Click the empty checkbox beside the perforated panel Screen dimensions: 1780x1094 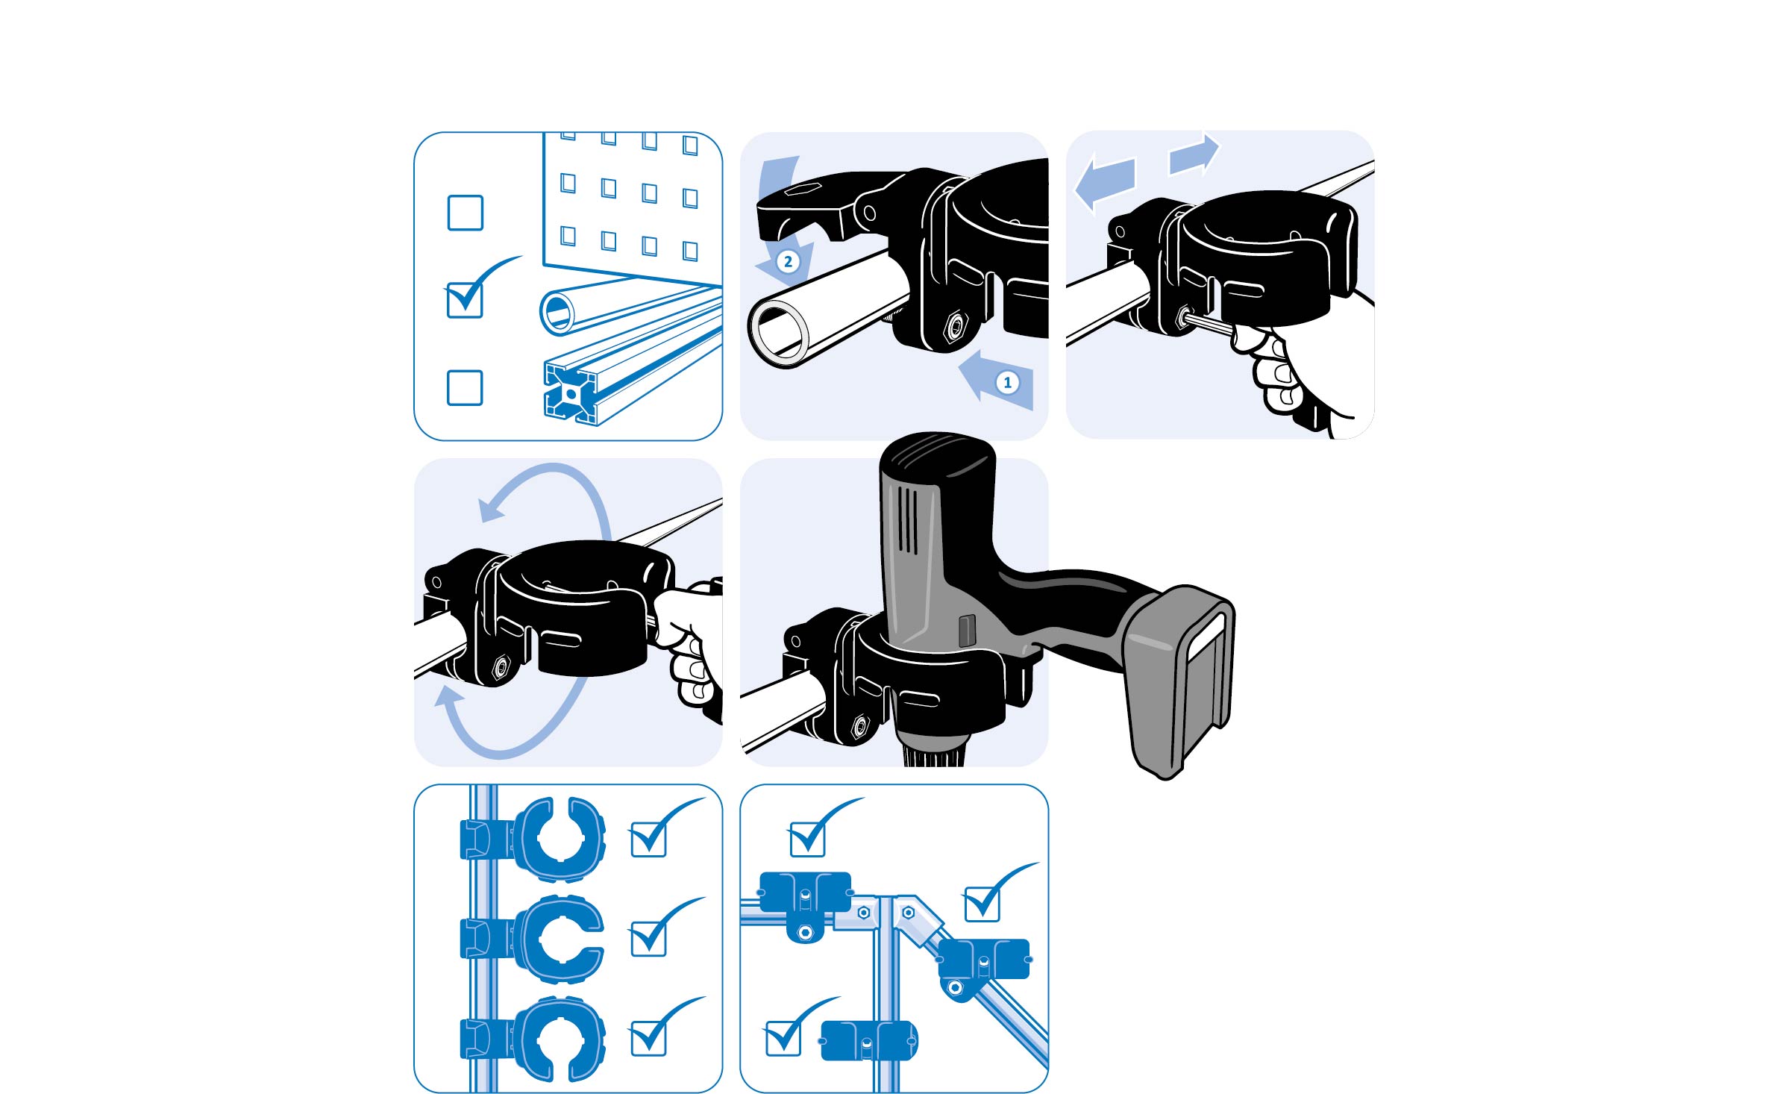coord(465,213)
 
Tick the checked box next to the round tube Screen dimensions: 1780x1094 coord(464,300)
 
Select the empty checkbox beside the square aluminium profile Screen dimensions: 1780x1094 coord(465,387)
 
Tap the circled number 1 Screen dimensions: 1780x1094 coord(1008,383)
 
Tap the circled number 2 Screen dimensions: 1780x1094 coord(788,262)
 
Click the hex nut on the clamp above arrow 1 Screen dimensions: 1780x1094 coord(954,326)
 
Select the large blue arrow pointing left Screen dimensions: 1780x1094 coord(1104,182)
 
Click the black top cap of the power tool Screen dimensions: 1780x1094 coord(937,457)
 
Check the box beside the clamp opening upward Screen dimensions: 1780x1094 coord(648,840)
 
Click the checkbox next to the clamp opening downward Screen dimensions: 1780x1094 coord(648,1038)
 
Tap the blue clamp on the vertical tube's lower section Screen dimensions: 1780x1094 coord(869,1040)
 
